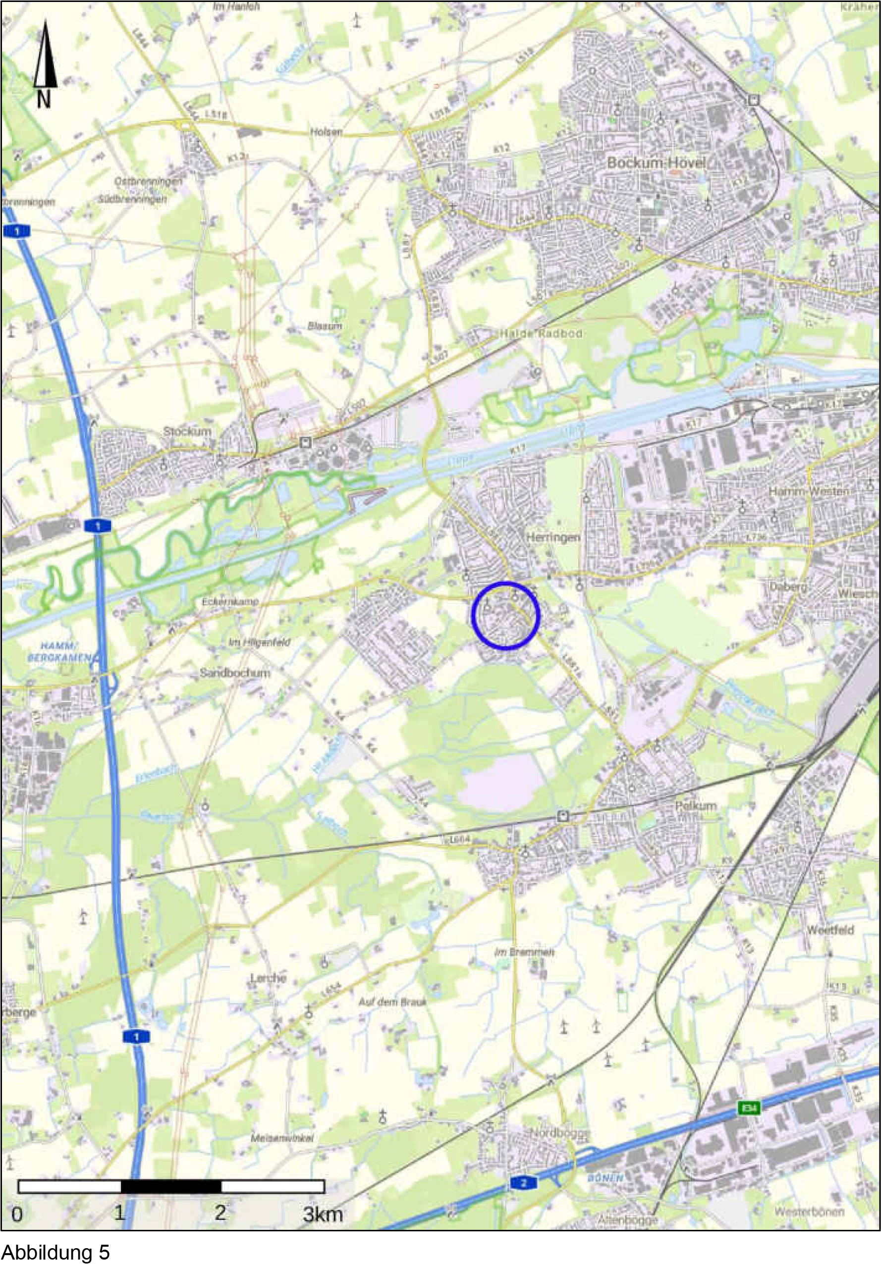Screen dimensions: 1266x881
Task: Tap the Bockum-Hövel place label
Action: pos(656,163)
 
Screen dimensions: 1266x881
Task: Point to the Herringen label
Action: pos(553,537)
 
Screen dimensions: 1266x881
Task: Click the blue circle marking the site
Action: pos(505,615)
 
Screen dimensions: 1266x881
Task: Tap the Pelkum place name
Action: pos(696,805)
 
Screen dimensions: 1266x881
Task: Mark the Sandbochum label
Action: pos(235,673)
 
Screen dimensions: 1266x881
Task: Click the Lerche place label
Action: pos(268,978)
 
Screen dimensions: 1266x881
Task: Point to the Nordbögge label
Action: pos(560,1133)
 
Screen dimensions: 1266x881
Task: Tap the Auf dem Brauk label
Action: pos(392,1002)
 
